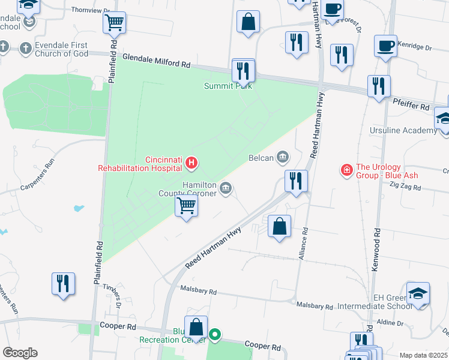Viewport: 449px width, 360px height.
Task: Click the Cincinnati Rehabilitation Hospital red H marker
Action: pyautogui.click(x=191, y=163)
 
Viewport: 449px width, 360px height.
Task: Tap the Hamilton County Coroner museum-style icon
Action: pyautogui.click(x=225, y=189)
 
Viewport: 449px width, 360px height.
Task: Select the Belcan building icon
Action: pyautogui.click(x=282, y=158)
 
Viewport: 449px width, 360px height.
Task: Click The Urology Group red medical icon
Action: pyautogui.click(x=346, y=171)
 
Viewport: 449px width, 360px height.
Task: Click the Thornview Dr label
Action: pyautogui.click(x=91, y=10)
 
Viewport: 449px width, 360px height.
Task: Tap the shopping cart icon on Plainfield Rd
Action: pyautogui.click(x=114, y=24)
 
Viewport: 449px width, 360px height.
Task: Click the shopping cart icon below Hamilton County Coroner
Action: pyautogui.click(x=187, y=206)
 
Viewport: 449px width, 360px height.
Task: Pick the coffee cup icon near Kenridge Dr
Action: pyautogui.click(x=385, y=46)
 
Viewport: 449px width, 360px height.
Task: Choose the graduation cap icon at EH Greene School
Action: pyautogui.click(x=418, y=293)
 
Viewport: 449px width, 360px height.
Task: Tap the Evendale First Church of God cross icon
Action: pyautogui.click(x=25, y=47)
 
